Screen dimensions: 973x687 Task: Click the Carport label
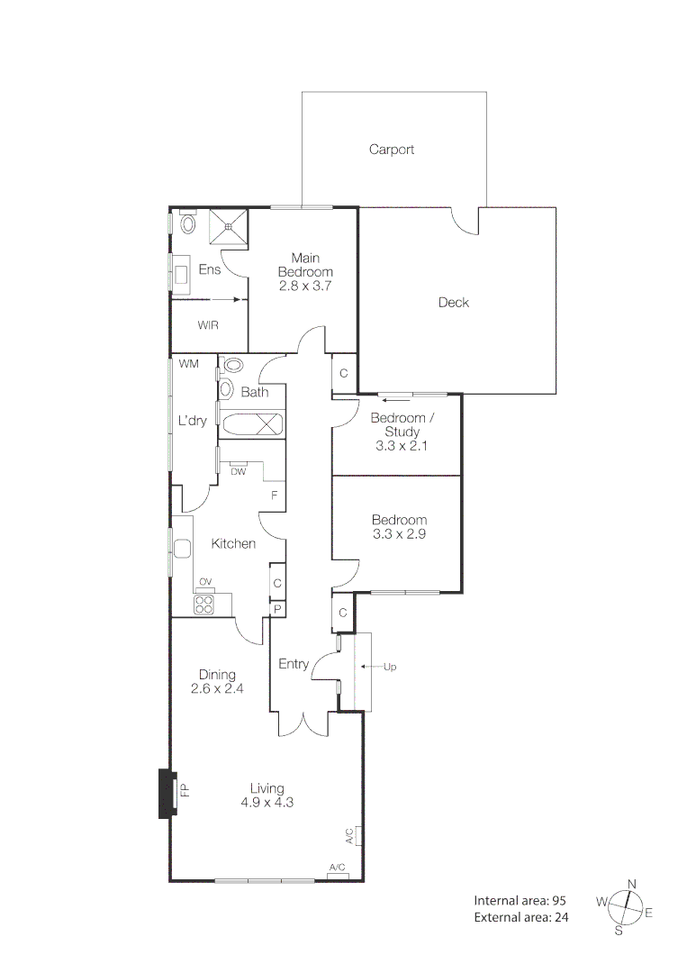point(392,150)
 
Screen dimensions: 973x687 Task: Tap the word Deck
point(454,303)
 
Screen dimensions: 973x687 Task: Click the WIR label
point(209,325)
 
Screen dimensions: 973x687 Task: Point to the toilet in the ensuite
point(188,223)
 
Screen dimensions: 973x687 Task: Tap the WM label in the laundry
point(188,364)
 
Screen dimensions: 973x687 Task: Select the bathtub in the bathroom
point(253,425)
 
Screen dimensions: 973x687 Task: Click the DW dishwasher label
point(239,471)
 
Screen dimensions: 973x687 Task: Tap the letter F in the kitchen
point(275,496)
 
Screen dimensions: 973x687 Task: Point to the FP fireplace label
point(185,792)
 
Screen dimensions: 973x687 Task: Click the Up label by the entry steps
point(390,667)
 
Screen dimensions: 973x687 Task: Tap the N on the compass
point(632,884)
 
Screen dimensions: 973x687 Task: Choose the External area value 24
point(562,917)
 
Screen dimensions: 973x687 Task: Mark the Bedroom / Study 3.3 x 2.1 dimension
point(396,445)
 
